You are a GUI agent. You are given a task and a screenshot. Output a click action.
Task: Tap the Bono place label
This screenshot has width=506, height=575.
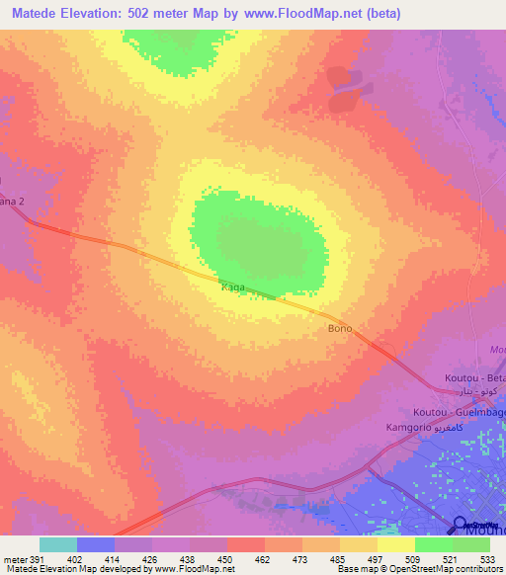pyautogui.click(x=339, y=328)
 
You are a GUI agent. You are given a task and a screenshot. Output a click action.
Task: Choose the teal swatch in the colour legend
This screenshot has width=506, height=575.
pyautogui.click(x=58, y=544)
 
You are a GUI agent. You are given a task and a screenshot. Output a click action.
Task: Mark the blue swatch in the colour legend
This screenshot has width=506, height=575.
pyautogui.click(x=96, y=544)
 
